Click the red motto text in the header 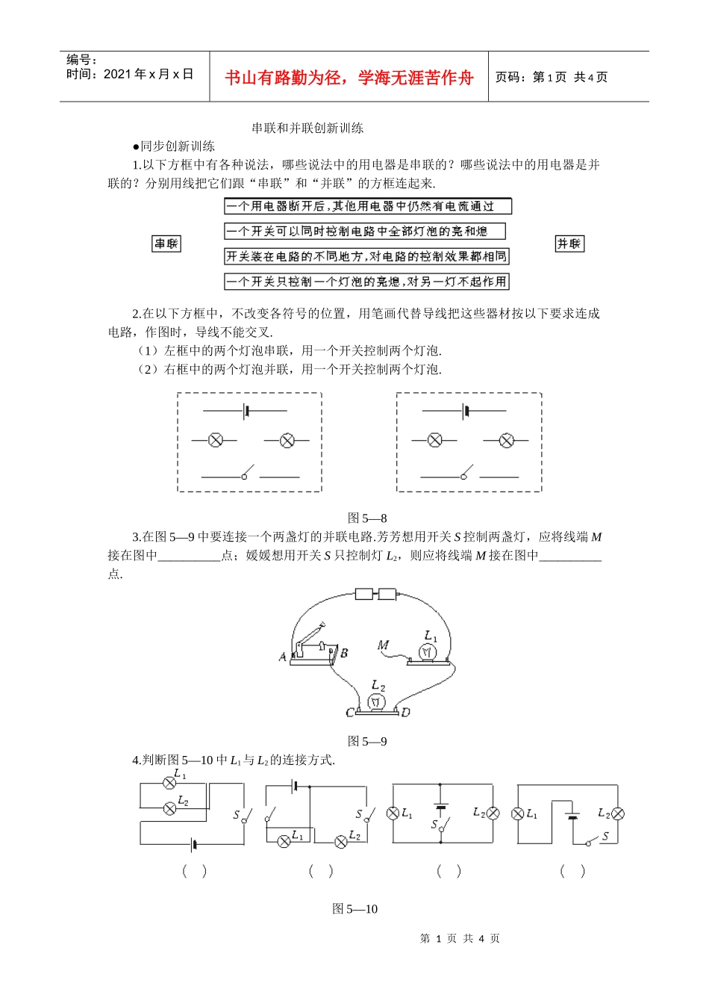349,78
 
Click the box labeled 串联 166,244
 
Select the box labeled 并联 569,244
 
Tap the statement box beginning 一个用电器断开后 368,206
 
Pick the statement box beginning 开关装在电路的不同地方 366,256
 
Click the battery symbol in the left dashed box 246,410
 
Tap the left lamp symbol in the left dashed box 216,440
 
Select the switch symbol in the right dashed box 467,474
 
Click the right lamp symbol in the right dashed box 507,440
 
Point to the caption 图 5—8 367,518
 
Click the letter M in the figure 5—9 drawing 383,645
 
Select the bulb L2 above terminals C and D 377,701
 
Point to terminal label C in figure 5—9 349,713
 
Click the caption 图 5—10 354,908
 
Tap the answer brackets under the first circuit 194,870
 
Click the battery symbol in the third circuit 441,807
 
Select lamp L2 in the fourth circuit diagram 617,814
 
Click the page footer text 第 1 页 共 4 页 460,938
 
